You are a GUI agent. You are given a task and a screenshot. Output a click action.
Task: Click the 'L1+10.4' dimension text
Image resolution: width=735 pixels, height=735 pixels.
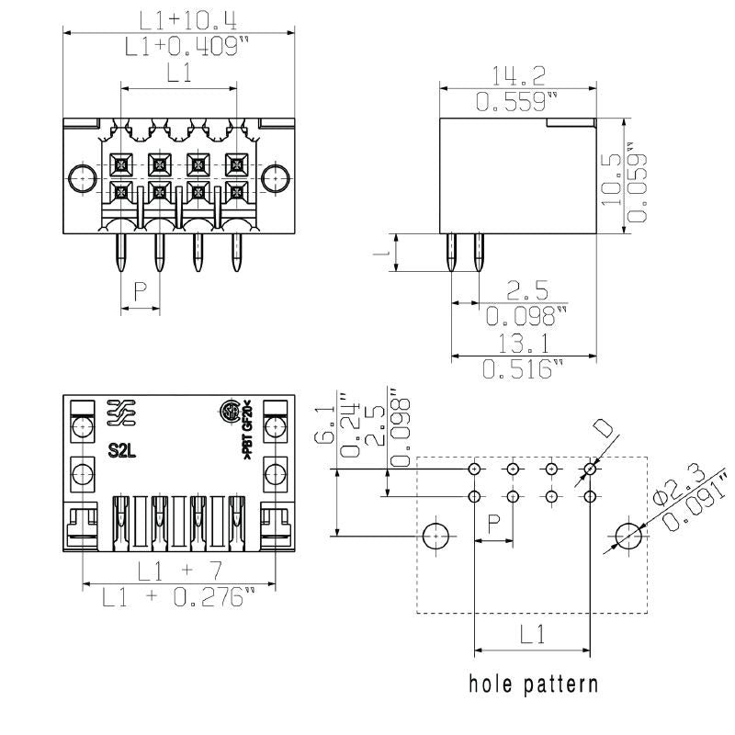[180, 18]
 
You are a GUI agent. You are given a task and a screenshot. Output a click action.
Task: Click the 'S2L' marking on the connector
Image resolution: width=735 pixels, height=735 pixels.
[121, 450]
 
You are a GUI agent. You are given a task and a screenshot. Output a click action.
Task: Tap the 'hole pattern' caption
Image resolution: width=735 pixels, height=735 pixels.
[534, 684]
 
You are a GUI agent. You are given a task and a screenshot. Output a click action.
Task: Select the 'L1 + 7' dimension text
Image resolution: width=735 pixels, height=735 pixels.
[179, 571]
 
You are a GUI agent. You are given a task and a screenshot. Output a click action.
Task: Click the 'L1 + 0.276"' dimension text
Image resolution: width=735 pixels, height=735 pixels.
[179, 598]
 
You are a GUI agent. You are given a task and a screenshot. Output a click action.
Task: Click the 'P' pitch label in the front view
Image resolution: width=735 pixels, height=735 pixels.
[140, 292]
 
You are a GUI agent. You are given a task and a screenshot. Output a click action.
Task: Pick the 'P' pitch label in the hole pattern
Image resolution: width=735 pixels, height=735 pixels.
[493, 524]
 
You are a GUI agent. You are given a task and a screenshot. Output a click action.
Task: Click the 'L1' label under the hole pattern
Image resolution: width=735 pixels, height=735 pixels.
[532, 634]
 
